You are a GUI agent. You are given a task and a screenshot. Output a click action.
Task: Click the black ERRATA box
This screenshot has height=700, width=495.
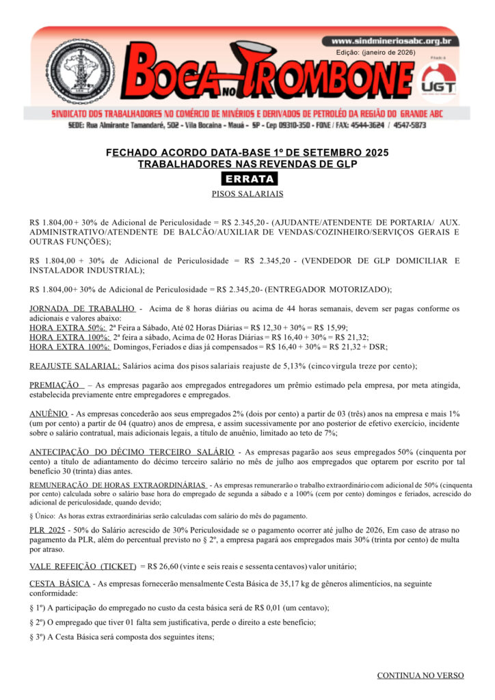coord(249,179)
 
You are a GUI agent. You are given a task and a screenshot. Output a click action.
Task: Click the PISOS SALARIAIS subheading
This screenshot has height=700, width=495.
coord(247,194)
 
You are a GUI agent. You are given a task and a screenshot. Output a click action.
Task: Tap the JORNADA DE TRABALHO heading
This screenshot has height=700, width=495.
coord(83,309)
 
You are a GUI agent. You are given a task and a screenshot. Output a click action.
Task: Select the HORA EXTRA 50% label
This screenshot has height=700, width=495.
coord(67,327)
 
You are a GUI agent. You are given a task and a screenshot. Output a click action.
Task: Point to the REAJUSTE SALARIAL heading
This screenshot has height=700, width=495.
coord(75,366)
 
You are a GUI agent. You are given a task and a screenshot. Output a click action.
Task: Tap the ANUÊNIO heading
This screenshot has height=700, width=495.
coord(49,414)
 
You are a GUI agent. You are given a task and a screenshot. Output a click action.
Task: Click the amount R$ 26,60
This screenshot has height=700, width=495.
coord(161,567)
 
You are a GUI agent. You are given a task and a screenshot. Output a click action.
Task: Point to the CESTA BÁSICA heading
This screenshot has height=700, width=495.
coord(59,583)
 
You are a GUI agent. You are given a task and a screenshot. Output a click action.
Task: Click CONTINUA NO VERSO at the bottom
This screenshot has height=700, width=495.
coord(420,675)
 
